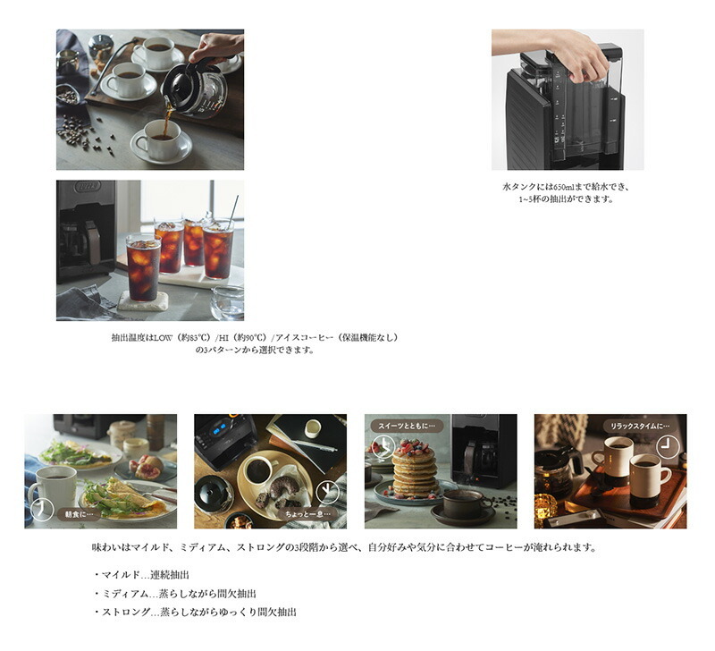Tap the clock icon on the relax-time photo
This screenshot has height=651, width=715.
[667, 446]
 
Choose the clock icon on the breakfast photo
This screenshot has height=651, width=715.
[42, 510]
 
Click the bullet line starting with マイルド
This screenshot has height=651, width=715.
[141, 575]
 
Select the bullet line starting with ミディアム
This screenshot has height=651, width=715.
[174, 594]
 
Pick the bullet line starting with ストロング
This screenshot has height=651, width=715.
[195, 613]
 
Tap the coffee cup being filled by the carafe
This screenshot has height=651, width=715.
[161, 139]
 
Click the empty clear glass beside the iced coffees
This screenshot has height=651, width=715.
[227, 302]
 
